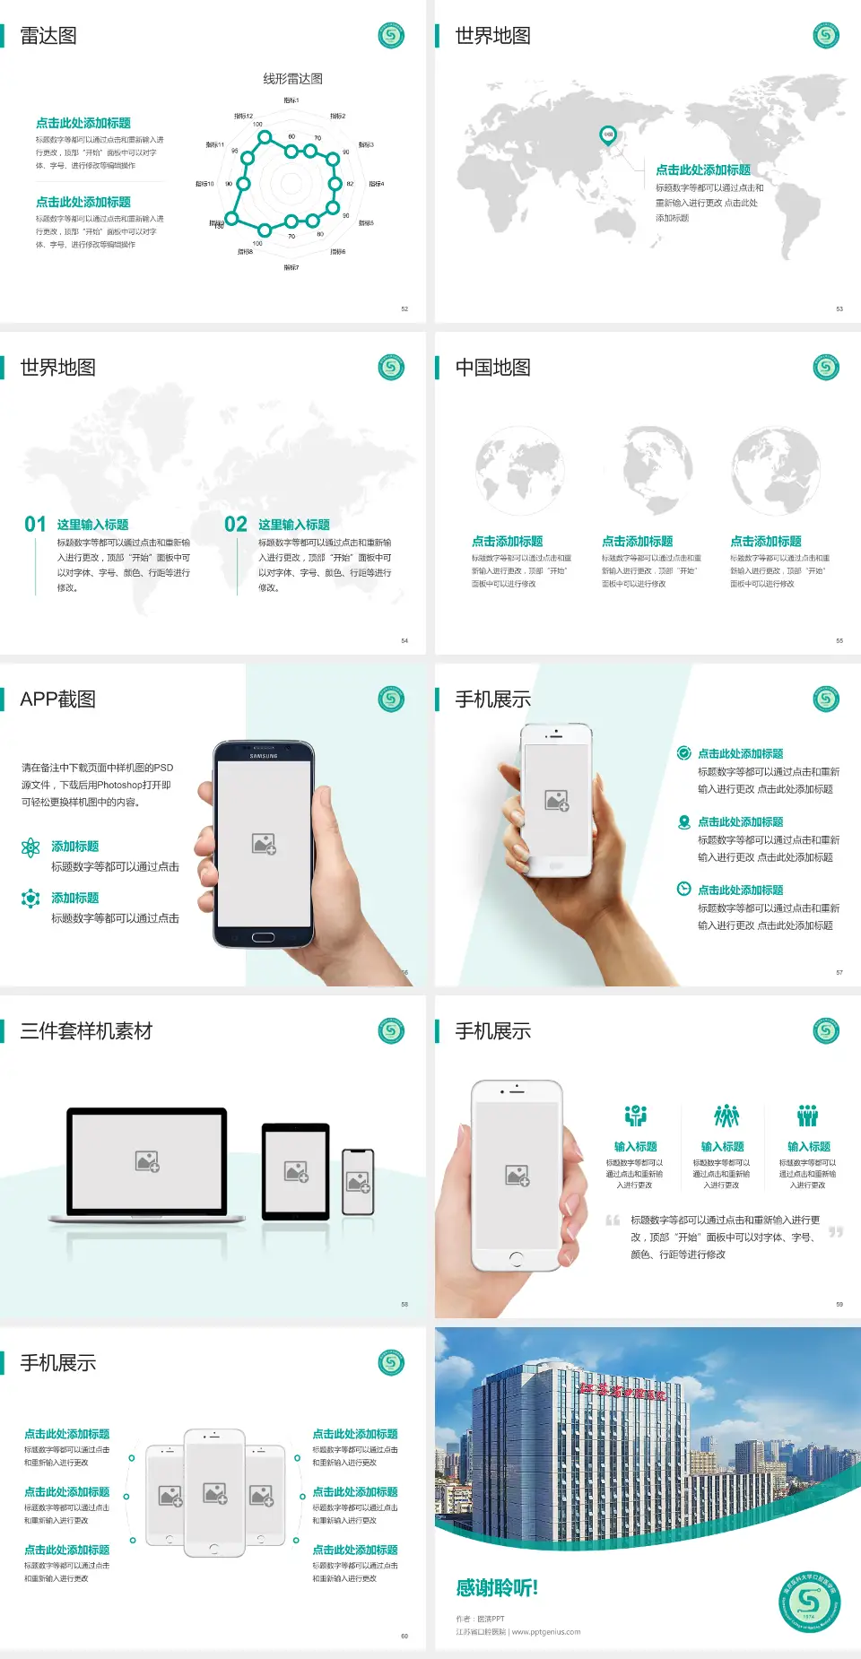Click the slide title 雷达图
(x=48, y=36)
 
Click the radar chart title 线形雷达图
(x=292, y=79)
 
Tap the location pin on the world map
(x=607, y=135)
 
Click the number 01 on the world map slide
(x=35, y=525)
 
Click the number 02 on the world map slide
(x=236, y=525)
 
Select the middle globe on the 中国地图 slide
(x=657, y=471)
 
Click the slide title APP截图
(x=57, y=699)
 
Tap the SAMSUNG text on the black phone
(x=264, y=756)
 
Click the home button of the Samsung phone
(x=263, y=937)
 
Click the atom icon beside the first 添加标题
(x=30, y=847)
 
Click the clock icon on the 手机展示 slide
(x=683, y=889)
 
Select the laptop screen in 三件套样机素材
(x=147, y=1161)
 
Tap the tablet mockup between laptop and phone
(x=296, y=1170)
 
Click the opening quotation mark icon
(x=613, y=1220)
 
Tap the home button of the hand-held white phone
(x=516, y=1259)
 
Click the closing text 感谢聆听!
(x=497, y=1588)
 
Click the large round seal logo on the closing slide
(x=809, y=1602)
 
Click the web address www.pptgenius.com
(x=546, y=1632)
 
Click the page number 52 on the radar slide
(x=404, y=309)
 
